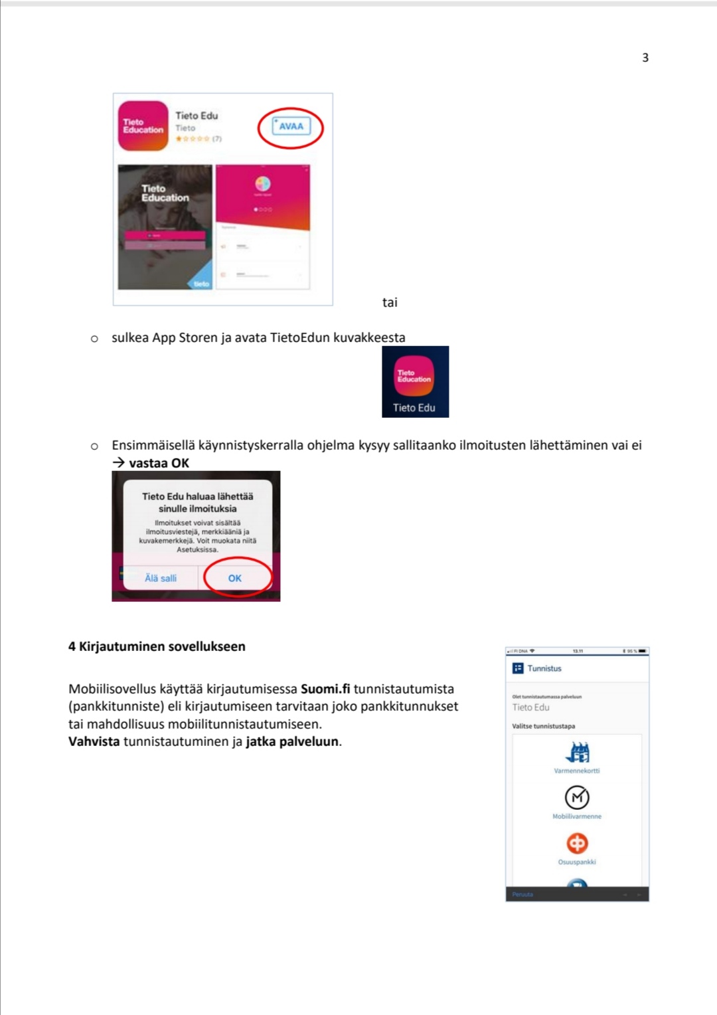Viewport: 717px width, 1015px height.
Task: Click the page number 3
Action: (645, 58)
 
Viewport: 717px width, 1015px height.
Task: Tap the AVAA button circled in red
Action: (291, 126)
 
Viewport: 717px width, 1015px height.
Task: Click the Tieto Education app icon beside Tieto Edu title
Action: (143, 126)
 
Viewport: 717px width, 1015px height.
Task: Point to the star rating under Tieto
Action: (193, 139)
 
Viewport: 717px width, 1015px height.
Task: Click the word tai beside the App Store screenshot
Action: (390, 303)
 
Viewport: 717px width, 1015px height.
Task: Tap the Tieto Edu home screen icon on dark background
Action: (415, 378)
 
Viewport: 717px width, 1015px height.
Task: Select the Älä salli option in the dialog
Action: (161, 579)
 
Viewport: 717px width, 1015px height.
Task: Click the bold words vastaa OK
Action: (159, 463)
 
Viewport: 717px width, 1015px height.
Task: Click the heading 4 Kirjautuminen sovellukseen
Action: (157, 646)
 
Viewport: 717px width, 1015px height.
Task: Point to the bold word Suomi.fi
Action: (325, 689)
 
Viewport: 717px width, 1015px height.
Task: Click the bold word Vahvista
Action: (94, 741)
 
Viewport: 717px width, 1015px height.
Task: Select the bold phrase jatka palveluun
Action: (292, 741)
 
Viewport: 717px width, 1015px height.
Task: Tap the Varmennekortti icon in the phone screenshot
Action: (577, 753)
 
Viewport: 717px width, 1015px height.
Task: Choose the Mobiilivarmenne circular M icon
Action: (577, 797)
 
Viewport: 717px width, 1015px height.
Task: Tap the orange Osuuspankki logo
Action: (577, 843)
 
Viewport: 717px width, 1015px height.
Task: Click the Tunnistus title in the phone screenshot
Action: (544, 668)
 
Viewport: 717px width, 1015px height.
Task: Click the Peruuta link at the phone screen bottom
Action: (522, 895)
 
